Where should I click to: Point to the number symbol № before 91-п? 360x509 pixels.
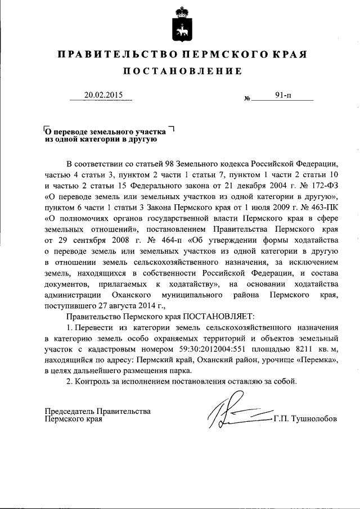point(247,99)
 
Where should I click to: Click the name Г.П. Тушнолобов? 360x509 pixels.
point(307,420)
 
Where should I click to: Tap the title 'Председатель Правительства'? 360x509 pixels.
point(97,411)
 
